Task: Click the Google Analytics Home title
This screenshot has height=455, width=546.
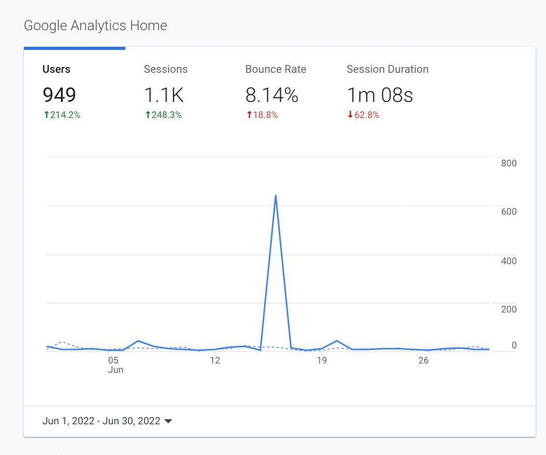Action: (96, 25)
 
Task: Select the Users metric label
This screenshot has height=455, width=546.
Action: (56, 69)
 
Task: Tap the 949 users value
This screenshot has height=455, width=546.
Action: (59, 95)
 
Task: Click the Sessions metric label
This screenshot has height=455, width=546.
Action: (165, 69)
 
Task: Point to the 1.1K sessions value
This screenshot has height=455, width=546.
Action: (163, 95)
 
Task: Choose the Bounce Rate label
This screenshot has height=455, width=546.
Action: (276, 69)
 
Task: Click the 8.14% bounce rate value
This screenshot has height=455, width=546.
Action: (271, 95)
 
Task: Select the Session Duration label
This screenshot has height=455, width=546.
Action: (387, 69)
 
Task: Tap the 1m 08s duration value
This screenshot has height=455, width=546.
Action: (380, 95)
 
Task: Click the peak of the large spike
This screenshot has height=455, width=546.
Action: (275, 196)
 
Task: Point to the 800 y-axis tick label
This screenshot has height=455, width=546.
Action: (509, 163)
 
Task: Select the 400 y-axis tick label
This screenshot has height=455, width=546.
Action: (509, 261)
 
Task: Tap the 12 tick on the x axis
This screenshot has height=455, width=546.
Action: (215, 360)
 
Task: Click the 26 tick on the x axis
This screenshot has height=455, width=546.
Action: (423, 360)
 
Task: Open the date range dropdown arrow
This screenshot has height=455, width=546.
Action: (168, 421)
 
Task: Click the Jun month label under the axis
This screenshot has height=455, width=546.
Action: (115, 370)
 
